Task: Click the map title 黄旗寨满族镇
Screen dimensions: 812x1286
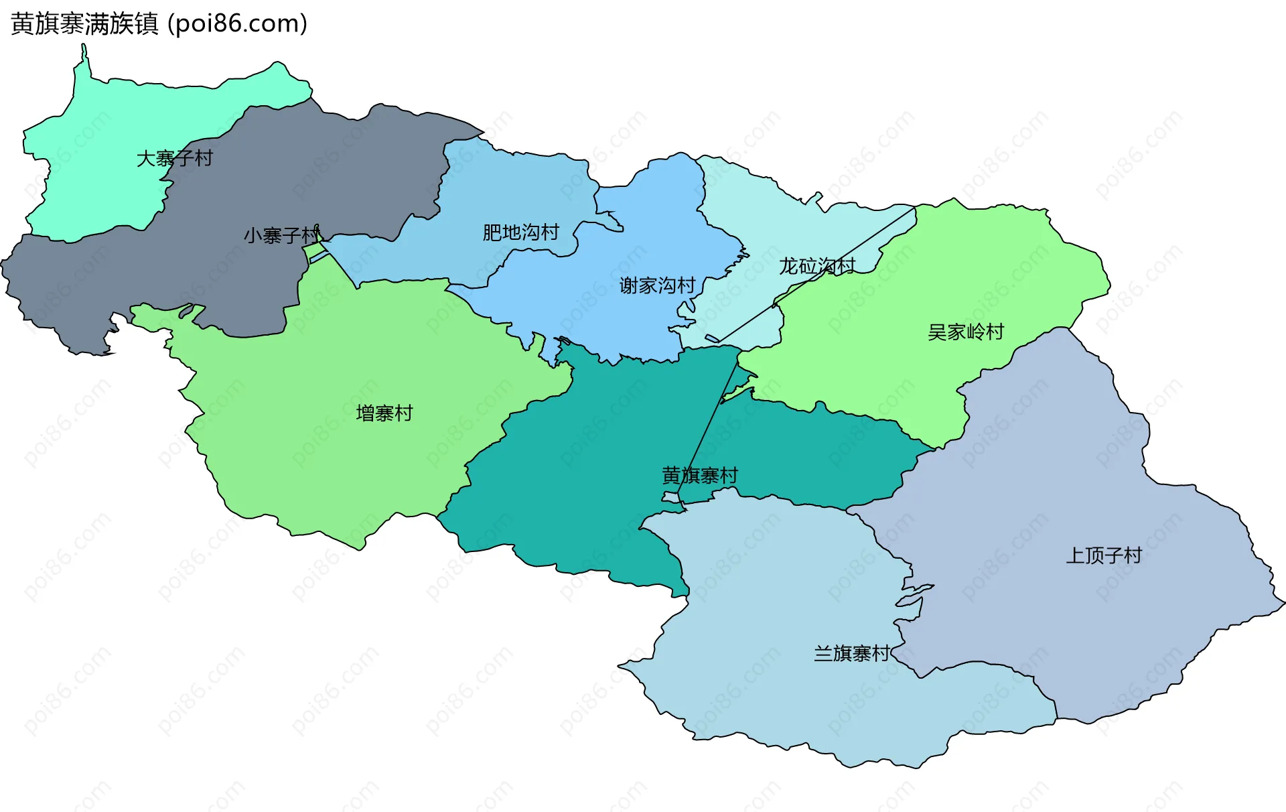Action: point(84,24)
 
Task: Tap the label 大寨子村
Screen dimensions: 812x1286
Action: point(174,159)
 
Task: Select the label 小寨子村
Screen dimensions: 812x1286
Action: point(281,236)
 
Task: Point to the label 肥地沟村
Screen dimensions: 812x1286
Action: point(520,232)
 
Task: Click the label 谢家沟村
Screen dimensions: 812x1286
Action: point(657,286)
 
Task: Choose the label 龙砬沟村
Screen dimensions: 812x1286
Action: point(816,267)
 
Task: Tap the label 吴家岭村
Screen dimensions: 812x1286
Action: point(965,332)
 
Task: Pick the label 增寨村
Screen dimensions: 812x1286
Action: point(384,413)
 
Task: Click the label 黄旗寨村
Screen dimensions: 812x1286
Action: point(699,476)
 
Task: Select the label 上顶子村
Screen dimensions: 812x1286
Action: point(1103,555)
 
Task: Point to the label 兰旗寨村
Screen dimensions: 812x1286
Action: point(851,653)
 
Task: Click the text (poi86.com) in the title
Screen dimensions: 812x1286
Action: point(237,24)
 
